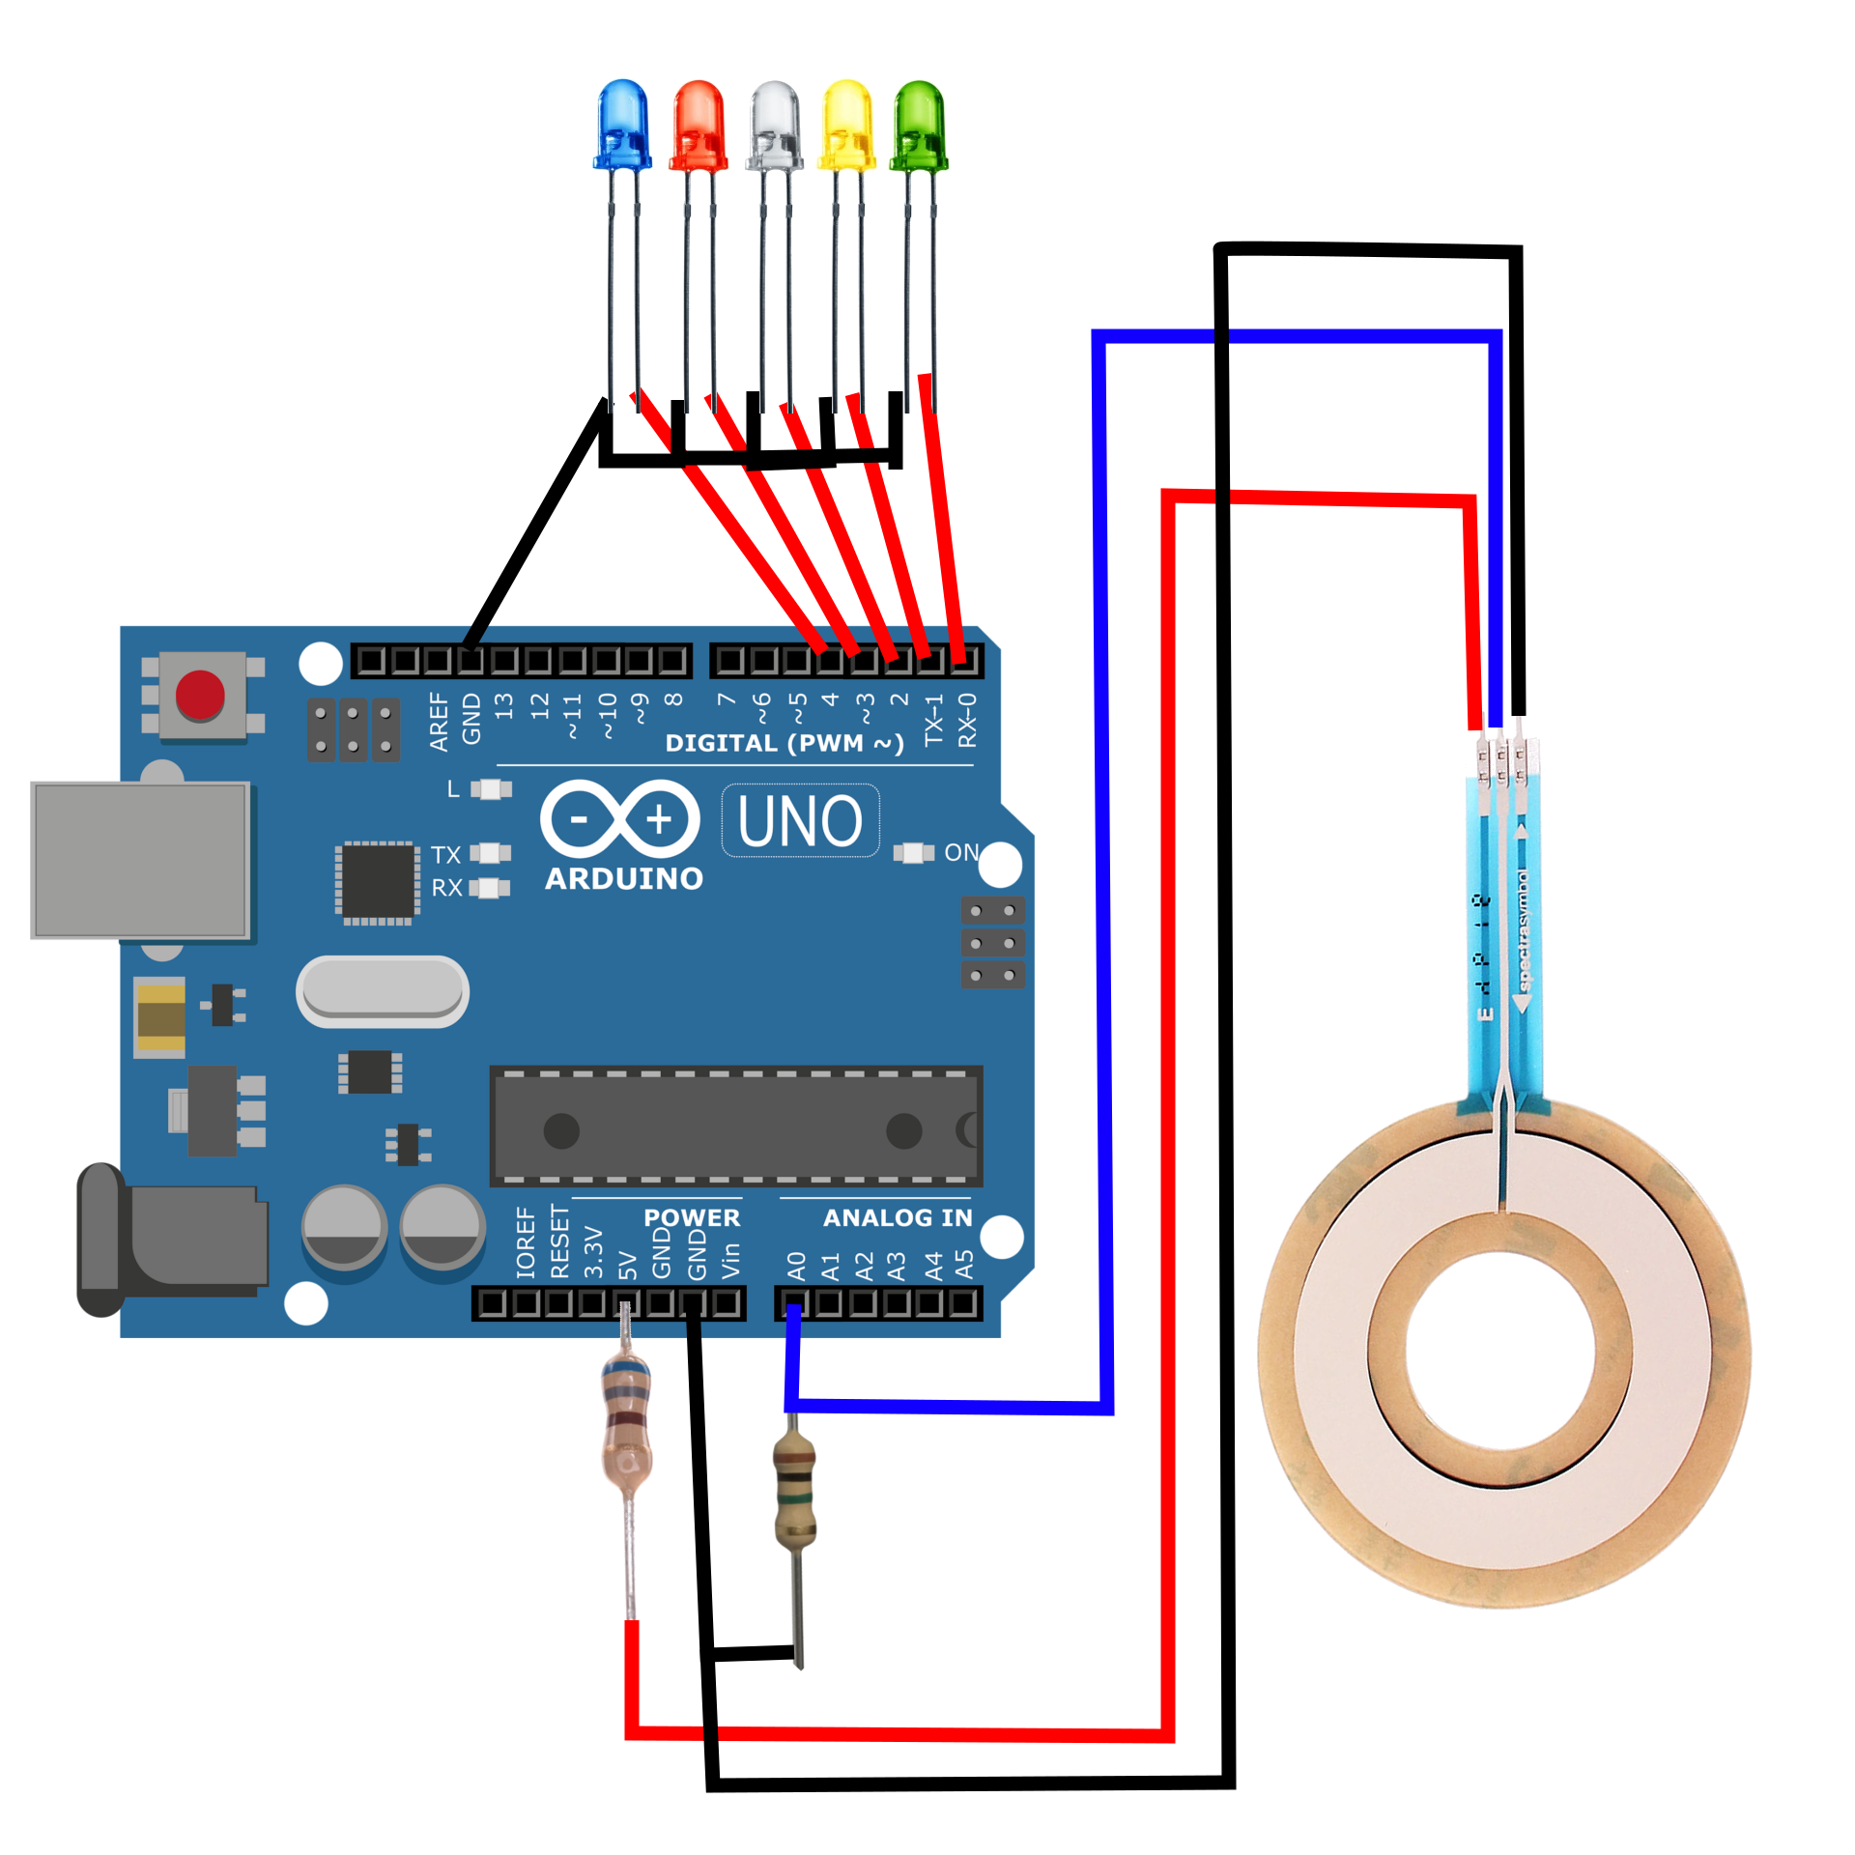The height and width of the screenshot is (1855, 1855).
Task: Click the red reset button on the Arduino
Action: [x=200, y=695]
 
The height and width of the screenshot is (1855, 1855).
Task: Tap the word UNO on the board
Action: [x=800, y=821]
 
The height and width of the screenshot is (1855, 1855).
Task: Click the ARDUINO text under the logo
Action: [x=624, y=879]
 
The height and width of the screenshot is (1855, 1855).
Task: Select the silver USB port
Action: [x=142, y=860]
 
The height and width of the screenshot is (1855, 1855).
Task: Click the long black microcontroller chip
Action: [x=736, y=1127]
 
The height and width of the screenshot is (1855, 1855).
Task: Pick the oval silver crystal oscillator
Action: [x=383, y=991]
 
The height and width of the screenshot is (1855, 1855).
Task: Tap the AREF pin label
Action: [x=440, y=721]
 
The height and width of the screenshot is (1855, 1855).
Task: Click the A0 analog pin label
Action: [x=796, y=1267]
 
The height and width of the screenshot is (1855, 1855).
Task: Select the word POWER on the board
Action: [x=692, y=1218]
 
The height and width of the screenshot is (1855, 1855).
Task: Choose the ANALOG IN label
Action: [x=898, y=1218]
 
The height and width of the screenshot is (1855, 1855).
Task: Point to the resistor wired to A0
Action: [x=794, y=1489]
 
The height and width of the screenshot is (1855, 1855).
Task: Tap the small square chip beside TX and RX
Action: [x=378, y=880]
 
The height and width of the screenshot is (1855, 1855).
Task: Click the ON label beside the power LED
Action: [x=961, y=853]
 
